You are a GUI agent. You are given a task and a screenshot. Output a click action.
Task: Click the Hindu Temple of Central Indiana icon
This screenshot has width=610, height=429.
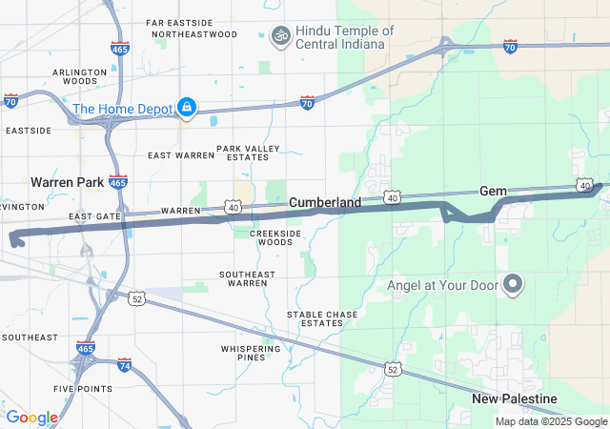coord(280,36)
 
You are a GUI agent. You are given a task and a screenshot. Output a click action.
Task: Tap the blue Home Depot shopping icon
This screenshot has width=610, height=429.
coord(188,107)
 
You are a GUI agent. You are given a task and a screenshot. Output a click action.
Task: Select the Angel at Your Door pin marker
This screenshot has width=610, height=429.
coord(513,284)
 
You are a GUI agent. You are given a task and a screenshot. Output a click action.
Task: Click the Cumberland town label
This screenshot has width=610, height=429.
coord(324,203)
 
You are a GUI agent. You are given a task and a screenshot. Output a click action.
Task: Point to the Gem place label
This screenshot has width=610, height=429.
coord(493,191)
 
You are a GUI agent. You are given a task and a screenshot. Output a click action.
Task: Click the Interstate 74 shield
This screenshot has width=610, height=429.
coord(125,365)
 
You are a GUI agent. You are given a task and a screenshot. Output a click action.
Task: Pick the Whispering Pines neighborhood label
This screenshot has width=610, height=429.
coord(250,355)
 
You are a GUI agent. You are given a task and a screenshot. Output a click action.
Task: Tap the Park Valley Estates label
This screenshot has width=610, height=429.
coord(249,153)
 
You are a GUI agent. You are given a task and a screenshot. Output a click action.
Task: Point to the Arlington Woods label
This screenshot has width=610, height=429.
coord(80,76)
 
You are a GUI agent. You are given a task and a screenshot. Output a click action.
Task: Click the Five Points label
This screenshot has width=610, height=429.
coord(82,389)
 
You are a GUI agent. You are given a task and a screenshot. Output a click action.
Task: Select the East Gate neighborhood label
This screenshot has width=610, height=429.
coord(94,217)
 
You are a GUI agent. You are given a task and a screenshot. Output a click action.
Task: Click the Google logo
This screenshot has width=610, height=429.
coord(32,418)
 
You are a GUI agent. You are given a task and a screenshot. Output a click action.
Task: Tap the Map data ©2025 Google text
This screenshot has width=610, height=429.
coord(550,421)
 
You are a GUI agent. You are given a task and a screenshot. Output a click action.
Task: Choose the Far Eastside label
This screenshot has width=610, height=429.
coord(180,22)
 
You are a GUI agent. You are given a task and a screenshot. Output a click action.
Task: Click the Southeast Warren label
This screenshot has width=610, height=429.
coord(243,278)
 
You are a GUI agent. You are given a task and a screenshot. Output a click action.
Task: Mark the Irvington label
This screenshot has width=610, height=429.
coord(22,206)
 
